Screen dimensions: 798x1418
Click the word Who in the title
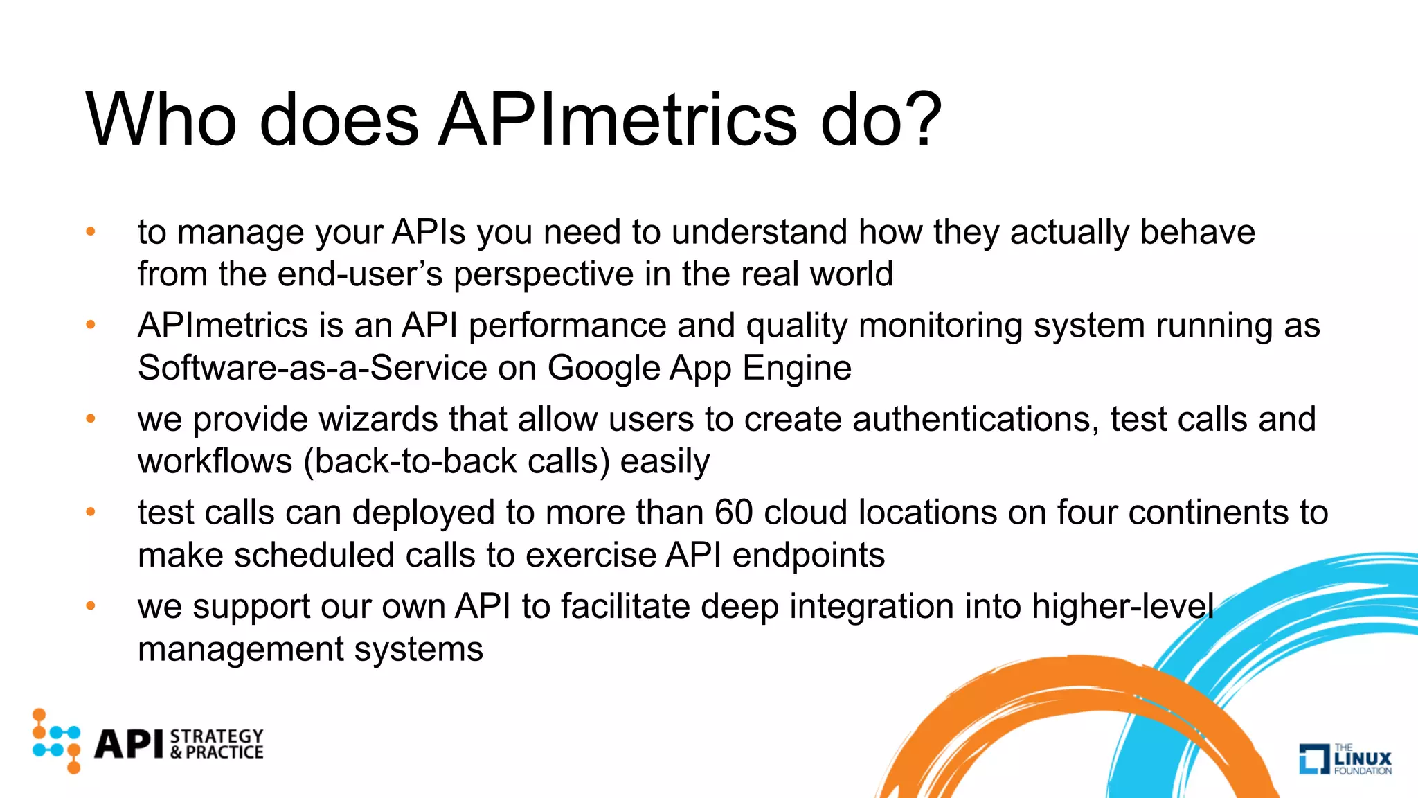coord(161,121)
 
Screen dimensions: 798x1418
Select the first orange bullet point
coord(90,231)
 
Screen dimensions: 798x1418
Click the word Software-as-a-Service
coord(312,368)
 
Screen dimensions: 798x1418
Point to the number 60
coord(733,513)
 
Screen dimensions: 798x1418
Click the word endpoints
coord(808,556)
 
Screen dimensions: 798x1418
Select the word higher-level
coord(1122,607)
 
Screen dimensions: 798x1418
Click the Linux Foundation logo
coord(1345,759)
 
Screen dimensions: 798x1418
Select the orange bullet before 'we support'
coord(90,606)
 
